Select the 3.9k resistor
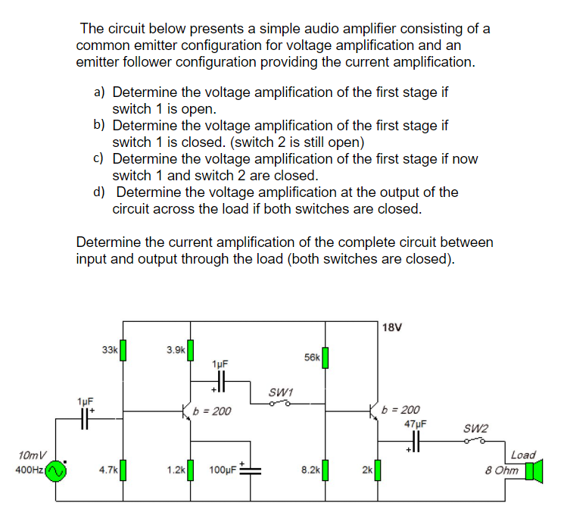(191, 351)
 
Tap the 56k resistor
(325, 358)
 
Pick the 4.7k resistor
(123, 470)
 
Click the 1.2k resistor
(191, 470)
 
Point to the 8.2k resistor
(325, 470)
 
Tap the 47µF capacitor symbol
(415, 440)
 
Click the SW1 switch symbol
(281, 404)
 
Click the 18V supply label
(393, 328)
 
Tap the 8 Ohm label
(503, 470)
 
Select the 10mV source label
(31, 455)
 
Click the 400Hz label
(29, 470)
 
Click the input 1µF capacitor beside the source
(84, 417)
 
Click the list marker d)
(99, 192)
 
